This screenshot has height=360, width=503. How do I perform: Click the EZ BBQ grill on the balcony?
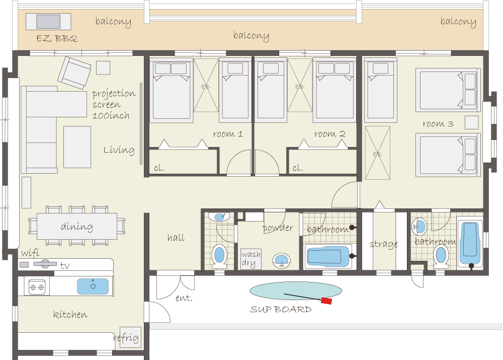pyautogui.click(x=48, y=22)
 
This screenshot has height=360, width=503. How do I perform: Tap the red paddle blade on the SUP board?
pyautogui.click(x=326, y=301)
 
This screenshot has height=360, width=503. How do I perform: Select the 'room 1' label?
pyautogui.click(x=228, y=133)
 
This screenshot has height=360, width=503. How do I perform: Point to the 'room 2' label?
pyautogui.click(x=330, y=133)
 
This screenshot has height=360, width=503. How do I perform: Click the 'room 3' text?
pyautogui.click(x=438, y=124)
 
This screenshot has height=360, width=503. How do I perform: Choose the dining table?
pyautogui.click(x=77, y=226)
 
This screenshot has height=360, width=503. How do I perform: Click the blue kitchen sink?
pyautogui.click(x=93, y=286)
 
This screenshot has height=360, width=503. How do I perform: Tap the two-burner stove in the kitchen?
pyautogui.click(x=37, y=287)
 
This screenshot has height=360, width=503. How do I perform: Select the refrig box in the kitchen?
pyautogui.click(x=130, y=337)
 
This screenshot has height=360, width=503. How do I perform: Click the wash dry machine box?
pyautogui.click(x=251, y=259)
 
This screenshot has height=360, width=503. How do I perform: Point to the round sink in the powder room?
pyautogui.click(x=282, y=260)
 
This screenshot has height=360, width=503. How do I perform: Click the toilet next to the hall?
pyautogui.click(x=220, y=256)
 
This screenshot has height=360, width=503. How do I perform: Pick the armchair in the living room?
pyautogui.click(x=74, y=73)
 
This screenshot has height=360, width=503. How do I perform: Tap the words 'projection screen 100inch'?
pyautogui.click(x=114, y=104)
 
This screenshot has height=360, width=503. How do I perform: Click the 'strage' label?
pyautogui.click(x=384, y=244)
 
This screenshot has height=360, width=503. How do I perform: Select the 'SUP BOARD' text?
pyautogui.click(x=281, y=309)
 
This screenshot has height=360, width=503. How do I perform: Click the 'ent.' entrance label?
pyautogui.click(x=184, y=298)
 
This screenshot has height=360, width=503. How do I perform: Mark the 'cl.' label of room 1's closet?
pyautogui.click(x=159, y=168)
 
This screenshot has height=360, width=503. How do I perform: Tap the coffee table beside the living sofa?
pyautogui.click(x=77, y=147)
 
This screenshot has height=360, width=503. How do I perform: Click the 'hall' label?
pyautogui.click(x=176, y=238)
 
